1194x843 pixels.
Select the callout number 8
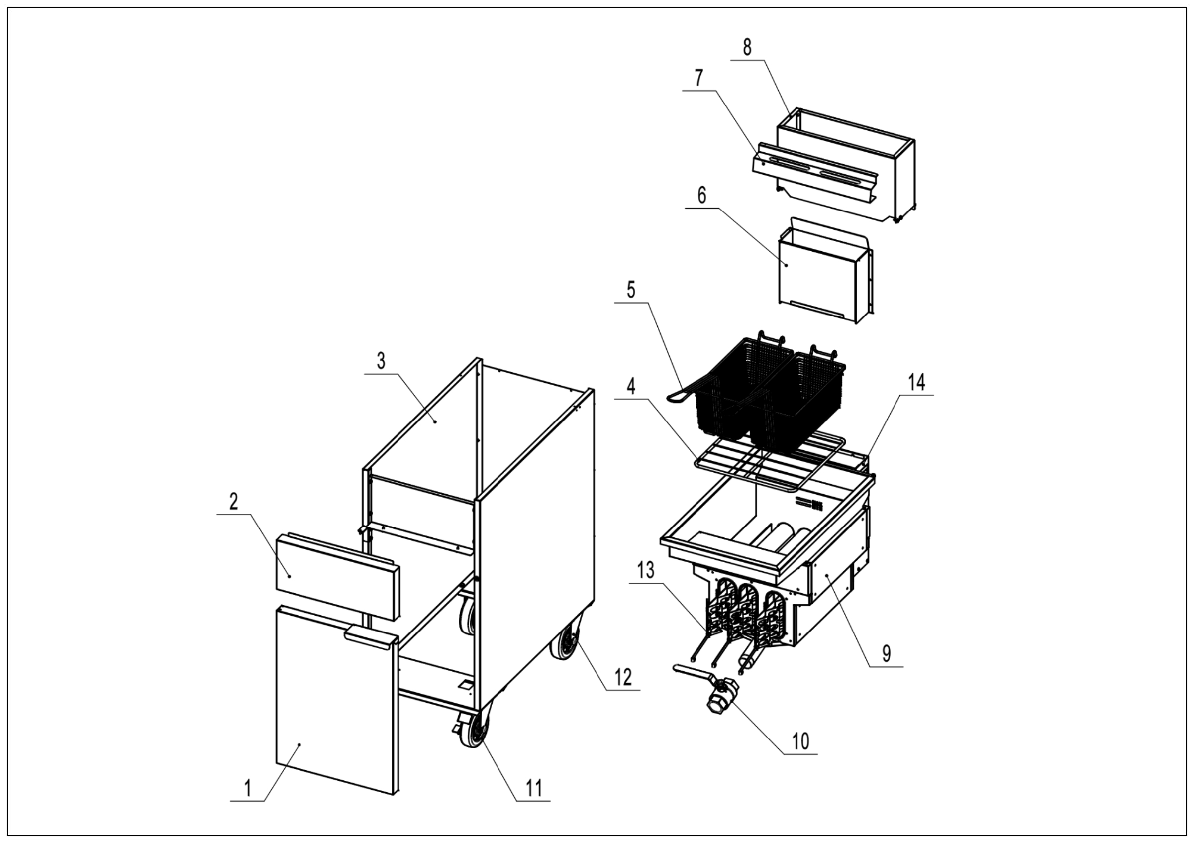click(x=747, y=47)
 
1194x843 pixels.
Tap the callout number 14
click(x=916, y=383)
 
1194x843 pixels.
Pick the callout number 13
click(x=646, y=571)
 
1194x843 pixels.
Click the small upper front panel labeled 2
click(x=333, y=577)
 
